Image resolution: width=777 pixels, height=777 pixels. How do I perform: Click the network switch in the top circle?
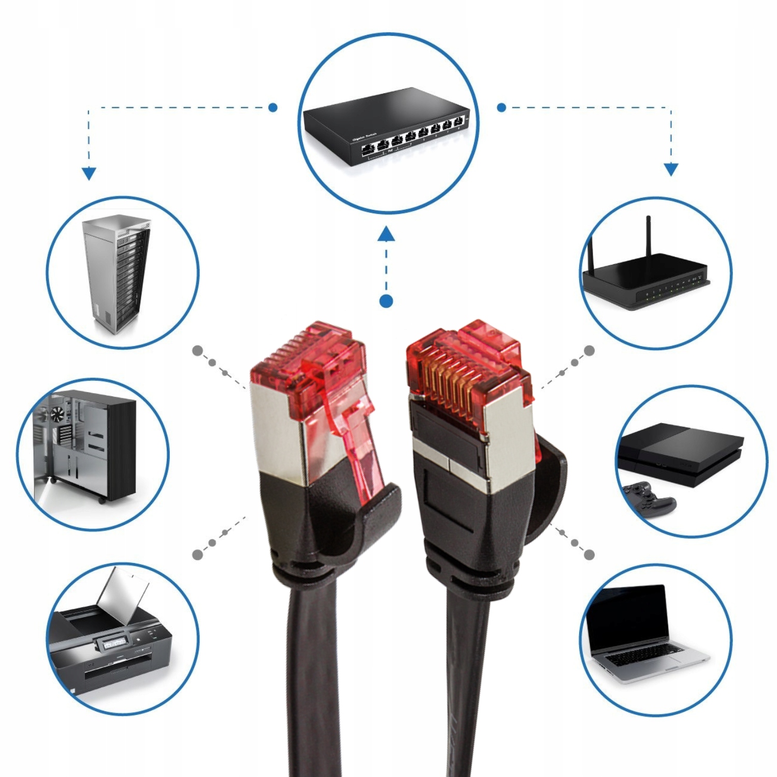coord(386,127)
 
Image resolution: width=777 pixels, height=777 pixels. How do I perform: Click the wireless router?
coord(645,282)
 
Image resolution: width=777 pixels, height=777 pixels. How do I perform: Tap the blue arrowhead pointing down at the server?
coord(89,173)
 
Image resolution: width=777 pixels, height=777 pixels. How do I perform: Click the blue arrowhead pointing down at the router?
coord(671,169)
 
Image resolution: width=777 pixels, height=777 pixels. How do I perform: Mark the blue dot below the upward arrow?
coord(386,301)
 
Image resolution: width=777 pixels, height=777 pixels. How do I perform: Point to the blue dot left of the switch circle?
coord(273,108)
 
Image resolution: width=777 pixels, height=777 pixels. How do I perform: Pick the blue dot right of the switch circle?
coord(501,108)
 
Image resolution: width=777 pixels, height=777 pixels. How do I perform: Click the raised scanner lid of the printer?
coord(124,596)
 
